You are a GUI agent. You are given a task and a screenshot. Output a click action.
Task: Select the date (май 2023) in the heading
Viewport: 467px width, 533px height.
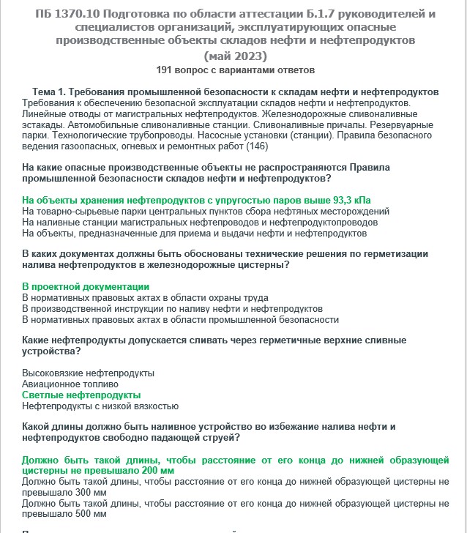pyautogui.click(x=235, y=56)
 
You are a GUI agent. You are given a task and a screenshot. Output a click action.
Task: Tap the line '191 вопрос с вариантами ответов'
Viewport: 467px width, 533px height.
pyautogui.click(x=235, y=70)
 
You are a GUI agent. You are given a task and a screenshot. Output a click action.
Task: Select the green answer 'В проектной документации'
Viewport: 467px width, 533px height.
pyautogui.click(x=86, y=286)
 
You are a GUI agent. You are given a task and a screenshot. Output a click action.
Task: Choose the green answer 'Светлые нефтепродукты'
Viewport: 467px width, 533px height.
pyautogui.click(x=81, y=395)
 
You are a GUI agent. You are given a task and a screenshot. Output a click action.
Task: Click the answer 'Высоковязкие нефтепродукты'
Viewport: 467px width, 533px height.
pyautogui.click(x=89, y=373)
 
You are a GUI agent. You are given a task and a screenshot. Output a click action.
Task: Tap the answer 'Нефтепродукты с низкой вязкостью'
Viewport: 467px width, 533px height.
pyautogui.click(x=101, y=406)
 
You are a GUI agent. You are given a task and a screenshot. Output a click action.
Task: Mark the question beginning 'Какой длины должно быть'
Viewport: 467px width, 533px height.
pyautogui.click(x=209, y=432)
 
